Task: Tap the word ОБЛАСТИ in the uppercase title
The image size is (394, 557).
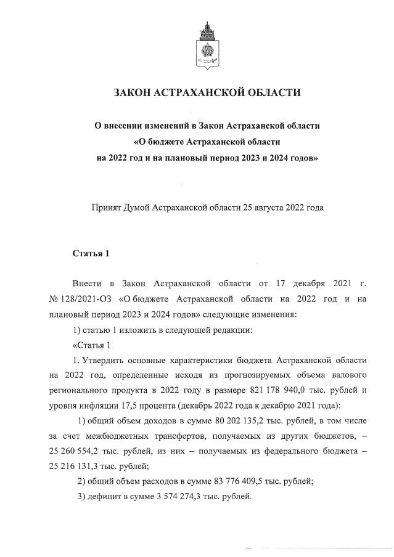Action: coord(271,93)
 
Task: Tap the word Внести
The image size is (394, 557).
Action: coord(87,283)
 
